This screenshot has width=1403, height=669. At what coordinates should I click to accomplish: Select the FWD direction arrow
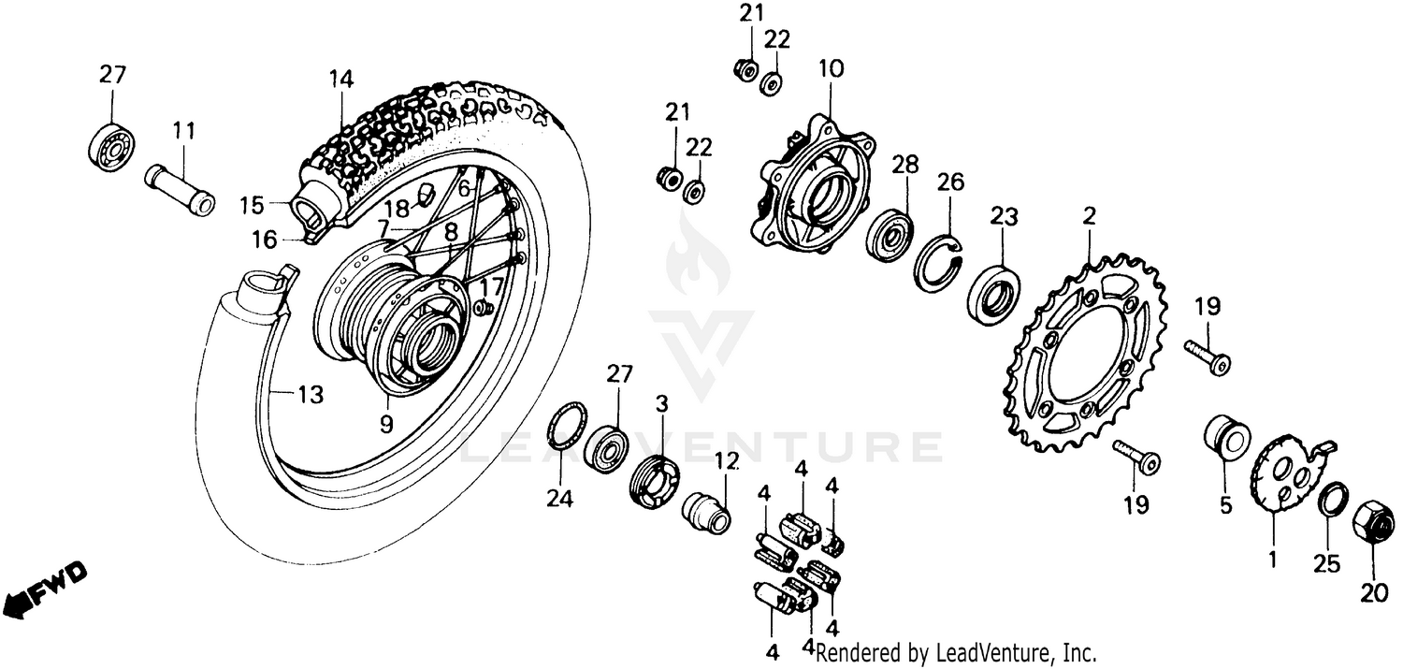click(45, 589)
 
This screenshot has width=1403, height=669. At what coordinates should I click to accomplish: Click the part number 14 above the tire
click(341, 80)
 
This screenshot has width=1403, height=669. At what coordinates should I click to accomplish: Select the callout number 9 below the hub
click(386, 422)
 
